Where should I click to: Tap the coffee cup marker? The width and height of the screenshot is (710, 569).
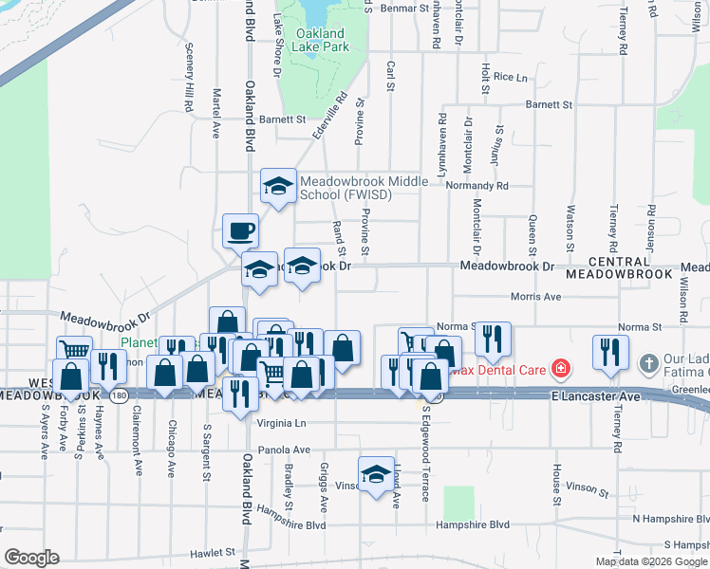[x=240, y=229]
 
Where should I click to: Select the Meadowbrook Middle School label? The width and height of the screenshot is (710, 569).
[x=346, y=188]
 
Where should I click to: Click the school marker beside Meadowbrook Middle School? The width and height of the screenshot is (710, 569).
[x=278, y=187]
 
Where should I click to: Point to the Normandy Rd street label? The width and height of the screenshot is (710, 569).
[x=478, y=186]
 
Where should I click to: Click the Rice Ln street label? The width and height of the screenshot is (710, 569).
[x=510, y=77]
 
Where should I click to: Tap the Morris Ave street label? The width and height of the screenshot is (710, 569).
[x=536, y=297]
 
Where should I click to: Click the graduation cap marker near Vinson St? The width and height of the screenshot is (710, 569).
[x=376, y=474]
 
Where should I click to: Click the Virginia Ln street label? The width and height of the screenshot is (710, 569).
[x=285, y=423]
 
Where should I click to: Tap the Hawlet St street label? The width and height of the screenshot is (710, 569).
[x=211, y=551]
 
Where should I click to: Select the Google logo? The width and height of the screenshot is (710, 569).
[x=30, y=558]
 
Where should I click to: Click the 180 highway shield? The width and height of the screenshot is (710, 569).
[x=117, y=395]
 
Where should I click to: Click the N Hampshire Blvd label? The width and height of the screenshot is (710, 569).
[x=670, y=519]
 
